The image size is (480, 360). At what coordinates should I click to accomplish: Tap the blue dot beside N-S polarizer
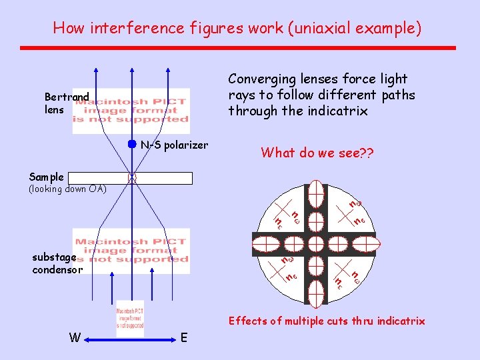pyautogui.click(x=132, y=145)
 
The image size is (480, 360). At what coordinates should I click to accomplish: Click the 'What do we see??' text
pyautogui.click(x=317, y=153)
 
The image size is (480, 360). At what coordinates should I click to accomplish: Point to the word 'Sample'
pyautogui.click(x=47, y=177)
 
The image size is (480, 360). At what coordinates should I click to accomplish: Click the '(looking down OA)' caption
pyautogui.click(x=67, y=189)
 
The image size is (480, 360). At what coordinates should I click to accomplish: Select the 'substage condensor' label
pyautogui.click(x=57, y=263)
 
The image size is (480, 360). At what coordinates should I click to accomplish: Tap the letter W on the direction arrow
pyautogui.click(x=75, y=338)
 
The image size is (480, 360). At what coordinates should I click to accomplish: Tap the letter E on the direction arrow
pyautogui.click(x=185, y=338)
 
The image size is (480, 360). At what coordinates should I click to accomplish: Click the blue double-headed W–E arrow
pyautogui.click(x=130, y=339)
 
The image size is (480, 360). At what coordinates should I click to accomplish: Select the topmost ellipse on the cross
pyautogui.click(x=316, y=193)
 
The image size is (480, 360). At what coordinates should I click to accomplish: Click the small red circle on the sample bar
pyautogui.click(x=132, y=178)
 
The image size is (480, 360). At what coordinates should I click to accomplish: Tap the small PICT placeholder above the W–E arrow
pyautogui.click(x=130, y=318)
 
